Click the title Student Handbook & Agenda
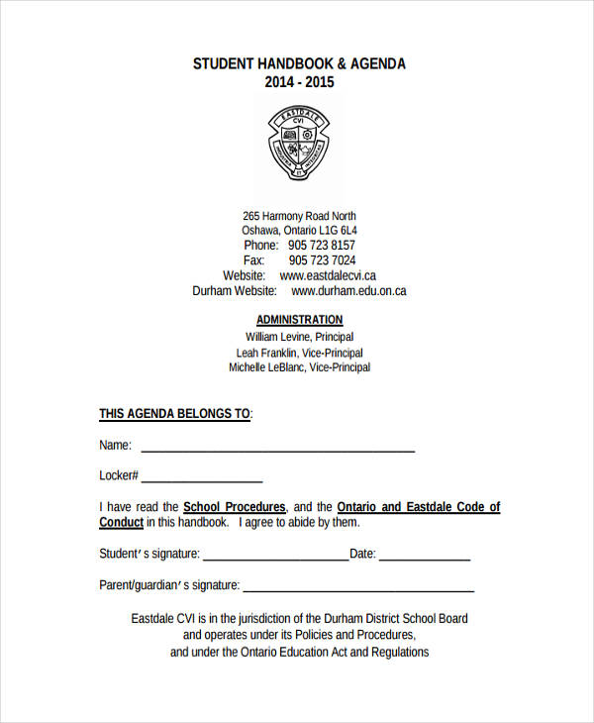(299, 63)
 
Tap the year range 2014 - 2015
(299, 82)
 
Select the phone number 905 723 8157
(322, 245)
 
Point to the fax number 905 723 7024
(322, 260)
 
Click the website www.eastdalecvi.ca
(328, 275)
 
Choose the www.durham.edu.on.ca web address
(348, 291)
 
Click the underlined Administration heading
(299, 320)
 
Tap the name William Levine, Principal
(299, 337)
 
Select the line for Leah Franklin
(299, 353)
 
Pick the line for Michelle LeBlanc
(299, 367)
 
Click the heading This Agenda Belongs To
(174, 413)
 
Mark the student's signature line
(275, 559)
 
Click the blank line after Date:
(424, 559)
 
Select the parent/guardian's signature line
(358, 590)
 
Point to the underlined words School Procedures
(235, 507)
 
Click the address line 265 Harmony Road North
(299, 216)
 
